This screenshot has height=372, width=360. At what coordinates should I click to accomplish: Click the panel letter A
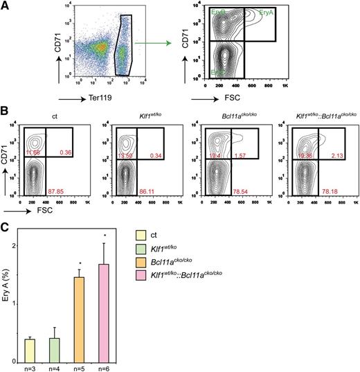(x=6, y=6)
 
